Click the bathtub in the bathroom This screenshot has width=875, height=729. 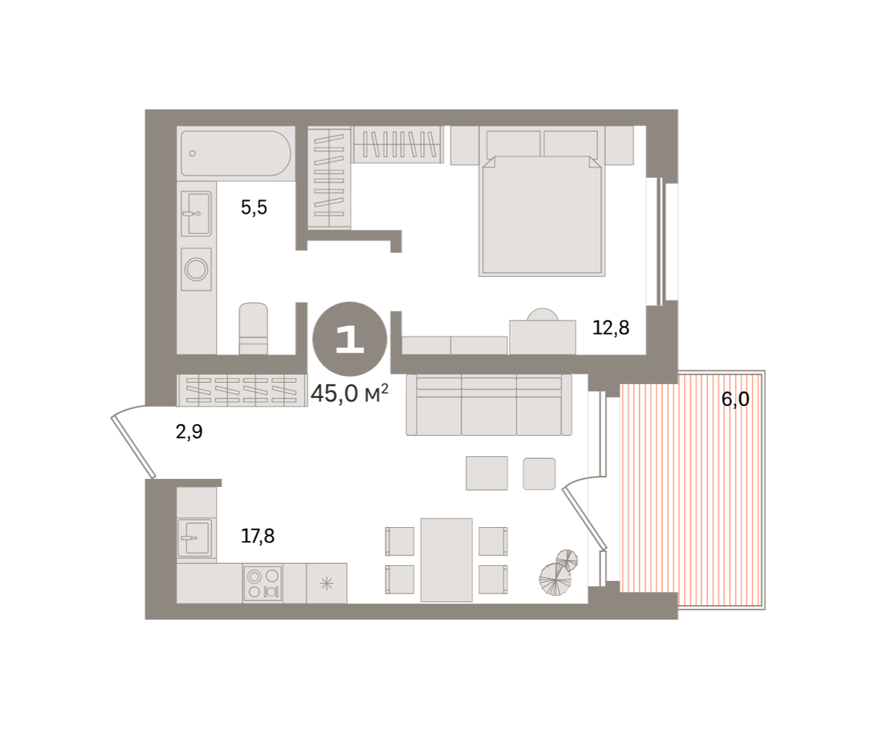tap(236, 153)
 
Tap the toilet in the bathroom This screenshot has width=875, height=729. tap(253, 329)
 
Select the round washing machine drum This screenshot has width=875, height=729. tap(196, 269)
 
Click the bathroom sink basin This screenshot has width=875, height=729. tap(197, 214)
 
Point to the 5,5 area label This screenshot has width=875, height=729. tap(254, 207)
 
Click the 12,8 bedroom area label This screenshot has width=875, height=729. tap(610, 327)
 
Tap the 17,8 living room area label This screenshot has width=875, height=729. tap(257, 537)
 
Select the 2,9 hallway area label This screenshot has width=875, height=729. tap(189, 432)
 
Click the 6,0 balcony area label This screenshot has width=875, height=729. tap(735, 399)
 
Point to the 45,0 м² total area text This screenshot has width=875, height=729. tap(349, 394)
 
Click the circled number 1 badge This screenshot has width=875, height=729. tap(349, 339)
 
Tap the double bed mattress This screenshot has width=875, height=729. tap(542, 216)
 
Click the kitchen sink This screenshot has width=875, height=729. tap(194, 537)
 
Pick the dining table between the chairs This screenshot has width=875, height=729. tap(446, 560)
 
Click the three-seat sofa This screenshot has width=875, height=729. tap(489, 405)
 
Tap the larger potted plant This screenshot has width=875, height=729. tap(555, 580)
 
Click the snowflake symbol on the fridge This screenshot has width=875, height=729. tap(327, 584)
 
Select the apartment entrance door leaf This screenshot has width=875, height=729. tap(133, 448)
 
